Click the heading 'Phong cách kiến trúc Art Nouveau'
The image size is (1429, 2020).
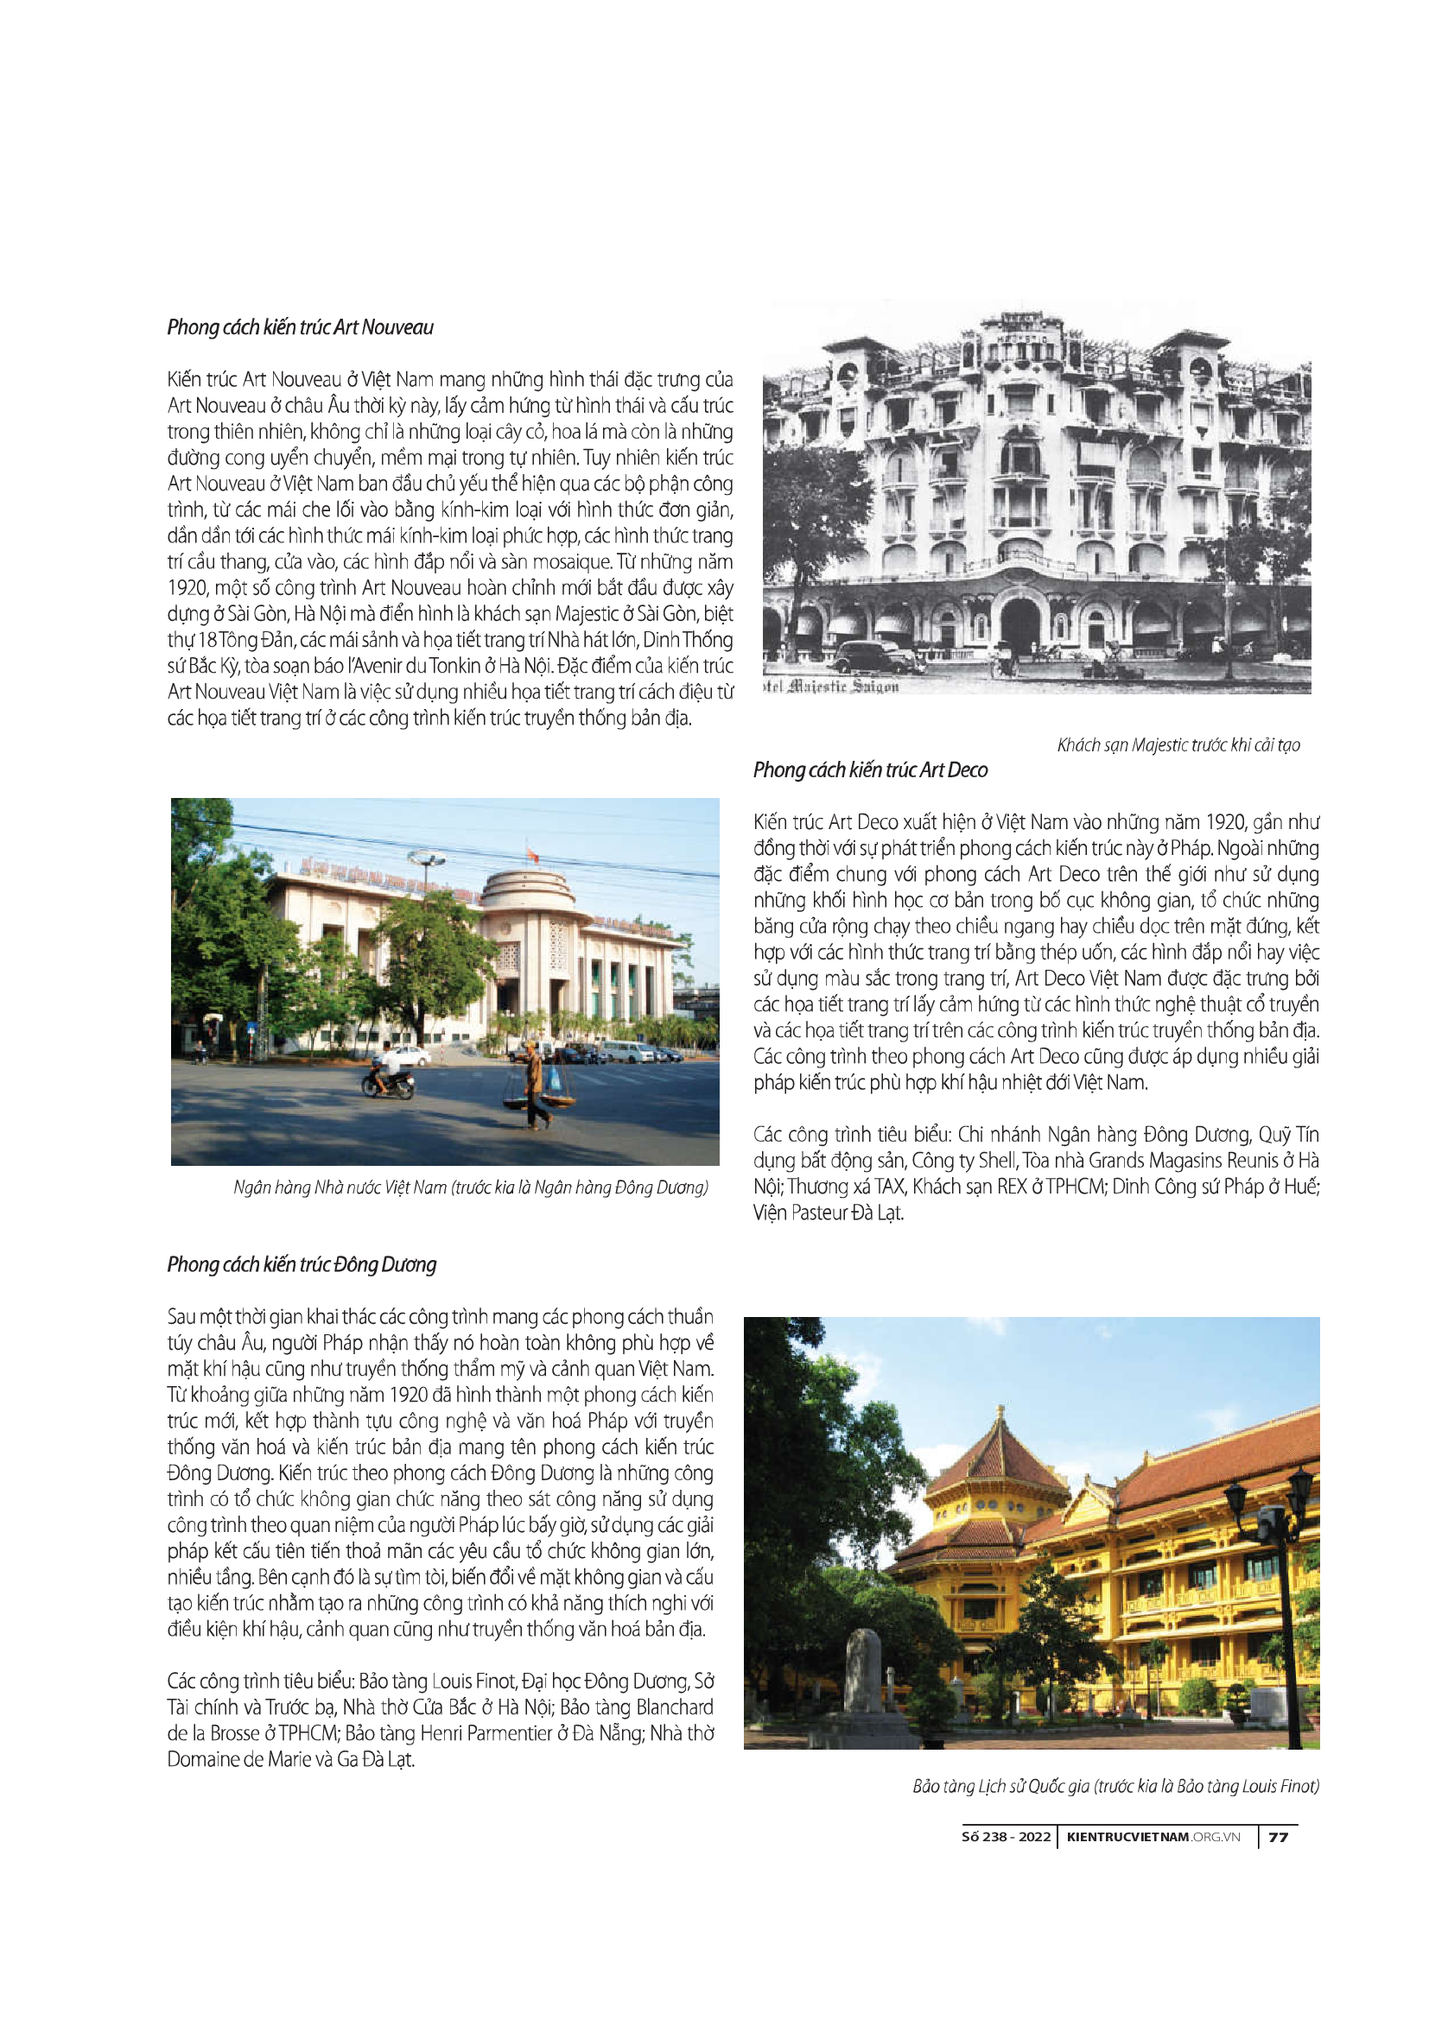pos(300,327)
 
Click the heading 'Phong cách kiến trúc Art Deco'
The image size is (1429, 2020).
pos(869,769)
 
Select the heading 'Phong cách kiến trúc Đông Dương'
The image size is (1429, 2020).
pos(301,1264)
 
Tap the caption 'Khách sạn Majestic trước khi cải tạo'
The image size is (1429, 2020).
pos(1178,745)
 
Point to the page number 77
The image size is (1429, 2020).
pos(1279,1837)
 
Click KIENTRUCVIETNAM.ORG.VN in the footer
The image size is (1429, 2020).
pos(1153,1837)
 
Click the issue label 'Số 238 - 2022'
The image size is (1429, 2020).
pos(1006,1837)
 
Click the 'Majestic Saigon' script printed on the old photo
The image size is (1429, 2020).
pos(831,687)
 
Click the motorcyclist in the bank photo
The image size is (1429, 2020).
pos(387,1073)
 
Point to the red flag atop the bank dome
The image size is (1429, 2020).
pos(530,852)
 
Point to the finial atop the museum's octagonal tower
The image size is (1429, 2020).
pos(1000,1412)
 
